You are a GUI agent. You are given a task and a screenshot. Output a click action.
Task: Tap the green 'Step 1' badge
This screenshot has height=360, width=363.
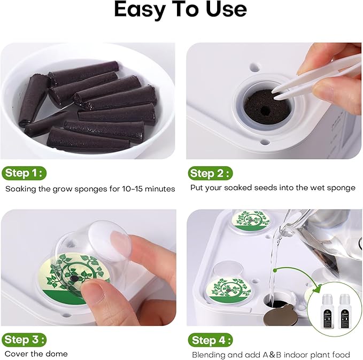click(24, 173)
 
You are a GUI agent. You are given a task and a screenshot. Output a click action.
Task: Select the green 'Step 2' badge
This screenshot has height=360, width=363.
click(210, 173)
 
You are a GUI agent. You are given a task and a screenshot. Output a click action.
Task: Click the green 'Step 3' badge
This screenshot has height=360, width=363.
click(24, 340)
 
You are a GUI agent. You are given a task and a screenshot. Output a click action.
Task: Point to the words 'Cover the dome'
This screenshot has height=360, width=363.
click(36, 354)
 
